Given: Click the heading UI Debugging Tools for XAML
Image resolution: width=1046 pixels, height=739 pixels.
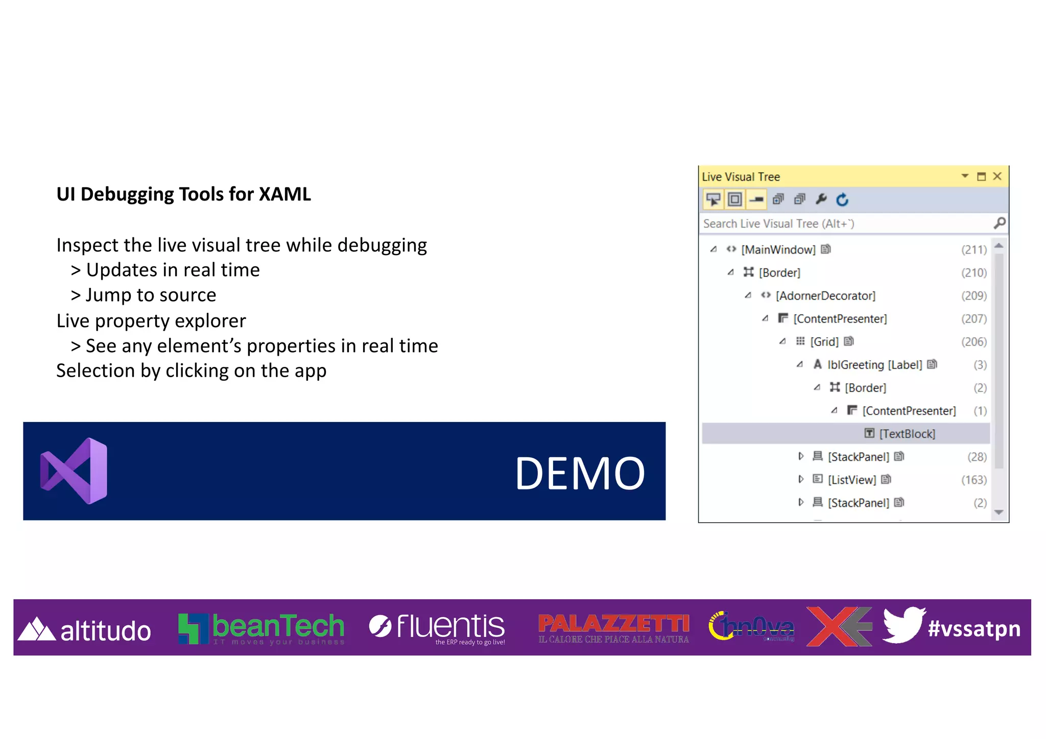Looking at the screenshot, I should point(183,194).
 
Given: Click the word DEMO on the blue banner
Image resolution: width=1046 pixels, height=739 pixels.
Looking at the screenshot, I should point(580,474).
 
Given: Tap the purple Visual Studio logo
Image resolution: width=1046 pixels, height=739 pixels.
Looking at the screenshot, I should point(75,471).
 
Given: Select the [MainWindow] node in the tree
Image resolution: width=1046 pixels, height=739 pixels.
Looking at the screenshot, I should point(778,250).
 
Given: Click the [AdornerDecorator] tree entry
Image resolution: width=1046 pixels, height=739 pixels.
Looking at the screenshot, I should point(825,296).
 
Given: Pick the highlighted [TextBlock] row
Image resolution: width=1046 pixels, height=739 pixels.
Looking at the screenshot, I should point(907,434).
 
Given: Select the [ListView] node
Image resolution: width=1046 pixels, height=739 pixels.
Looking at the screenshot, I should point(851,480).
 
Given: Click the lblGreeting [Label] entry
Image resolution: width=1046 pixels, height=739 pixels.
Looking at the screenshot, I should point(874,365).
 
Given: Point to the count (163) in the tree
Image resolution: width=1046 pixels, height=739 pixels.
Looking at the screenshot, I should point(973,480).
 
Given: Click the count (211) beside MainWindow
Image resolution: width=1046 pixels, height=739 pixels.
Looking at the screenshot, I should point(973,250).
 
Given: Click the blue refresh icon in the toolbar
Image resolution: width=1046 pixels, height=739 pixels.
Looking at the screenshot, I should point(842,200).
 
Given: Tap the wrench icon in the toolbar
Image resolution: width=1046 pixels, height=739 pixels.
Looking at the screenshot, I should point(821,199).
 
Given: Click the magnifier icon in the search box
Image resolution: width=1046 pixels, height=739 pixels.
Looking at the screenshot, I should point(999,223).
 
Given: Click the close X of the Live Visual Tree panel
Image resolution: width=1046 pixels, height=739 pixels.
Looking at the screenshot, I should point(997,177).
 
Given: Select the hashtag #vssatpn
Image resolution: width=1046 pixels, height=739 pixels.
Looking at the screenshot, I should point(973,628).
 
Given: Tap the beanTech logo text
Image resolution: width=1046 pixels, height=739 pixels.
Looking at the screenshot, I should point(278,626).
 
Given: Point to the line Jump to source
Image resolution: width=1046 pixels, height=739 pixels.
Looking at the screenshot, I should point(151,295).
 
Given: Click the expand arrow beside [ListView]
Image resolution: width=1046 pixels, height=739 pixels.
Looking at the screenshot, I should point(800,479).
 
